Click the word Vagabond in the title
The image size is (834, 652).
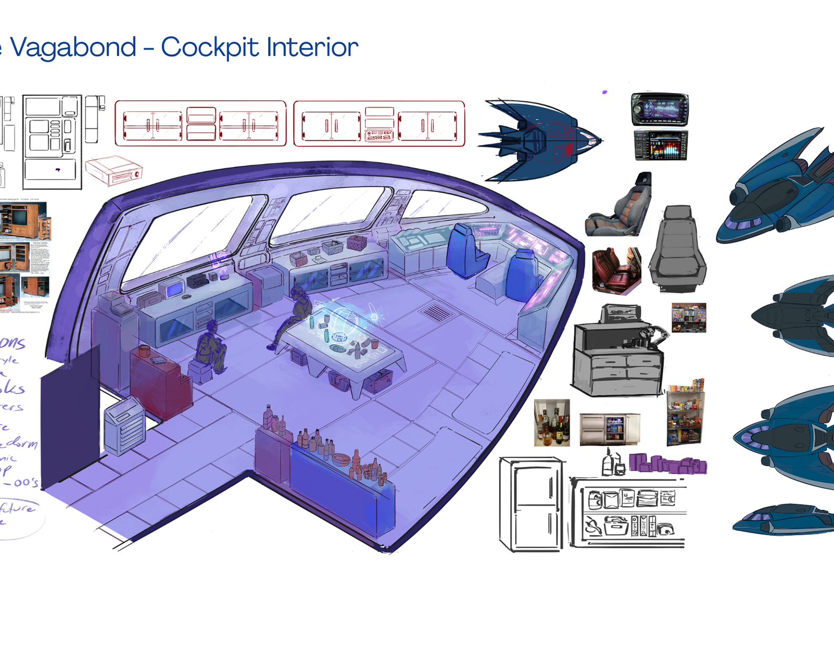[x=74, y=47]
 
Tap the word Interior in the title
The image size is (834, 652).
[x=312, y=47]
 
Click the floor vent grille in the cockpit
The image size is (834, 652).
[x=436, y=313]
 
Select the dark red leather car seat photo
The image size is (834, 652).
[x=616, y=270]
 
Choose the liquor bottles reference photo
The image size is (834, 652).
[x=551, y=423]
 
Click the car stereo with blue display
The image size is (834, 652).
[x=660, y=109]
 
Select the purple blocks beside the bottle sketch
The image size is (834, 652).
[x=668, y=464]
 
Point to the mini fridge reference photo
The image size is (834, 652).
[x=609, y=429]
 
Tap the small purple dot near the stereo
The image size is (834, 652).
[x=604, y=92]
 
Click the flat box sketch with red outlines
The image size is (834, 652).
[x=113, y=171]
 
